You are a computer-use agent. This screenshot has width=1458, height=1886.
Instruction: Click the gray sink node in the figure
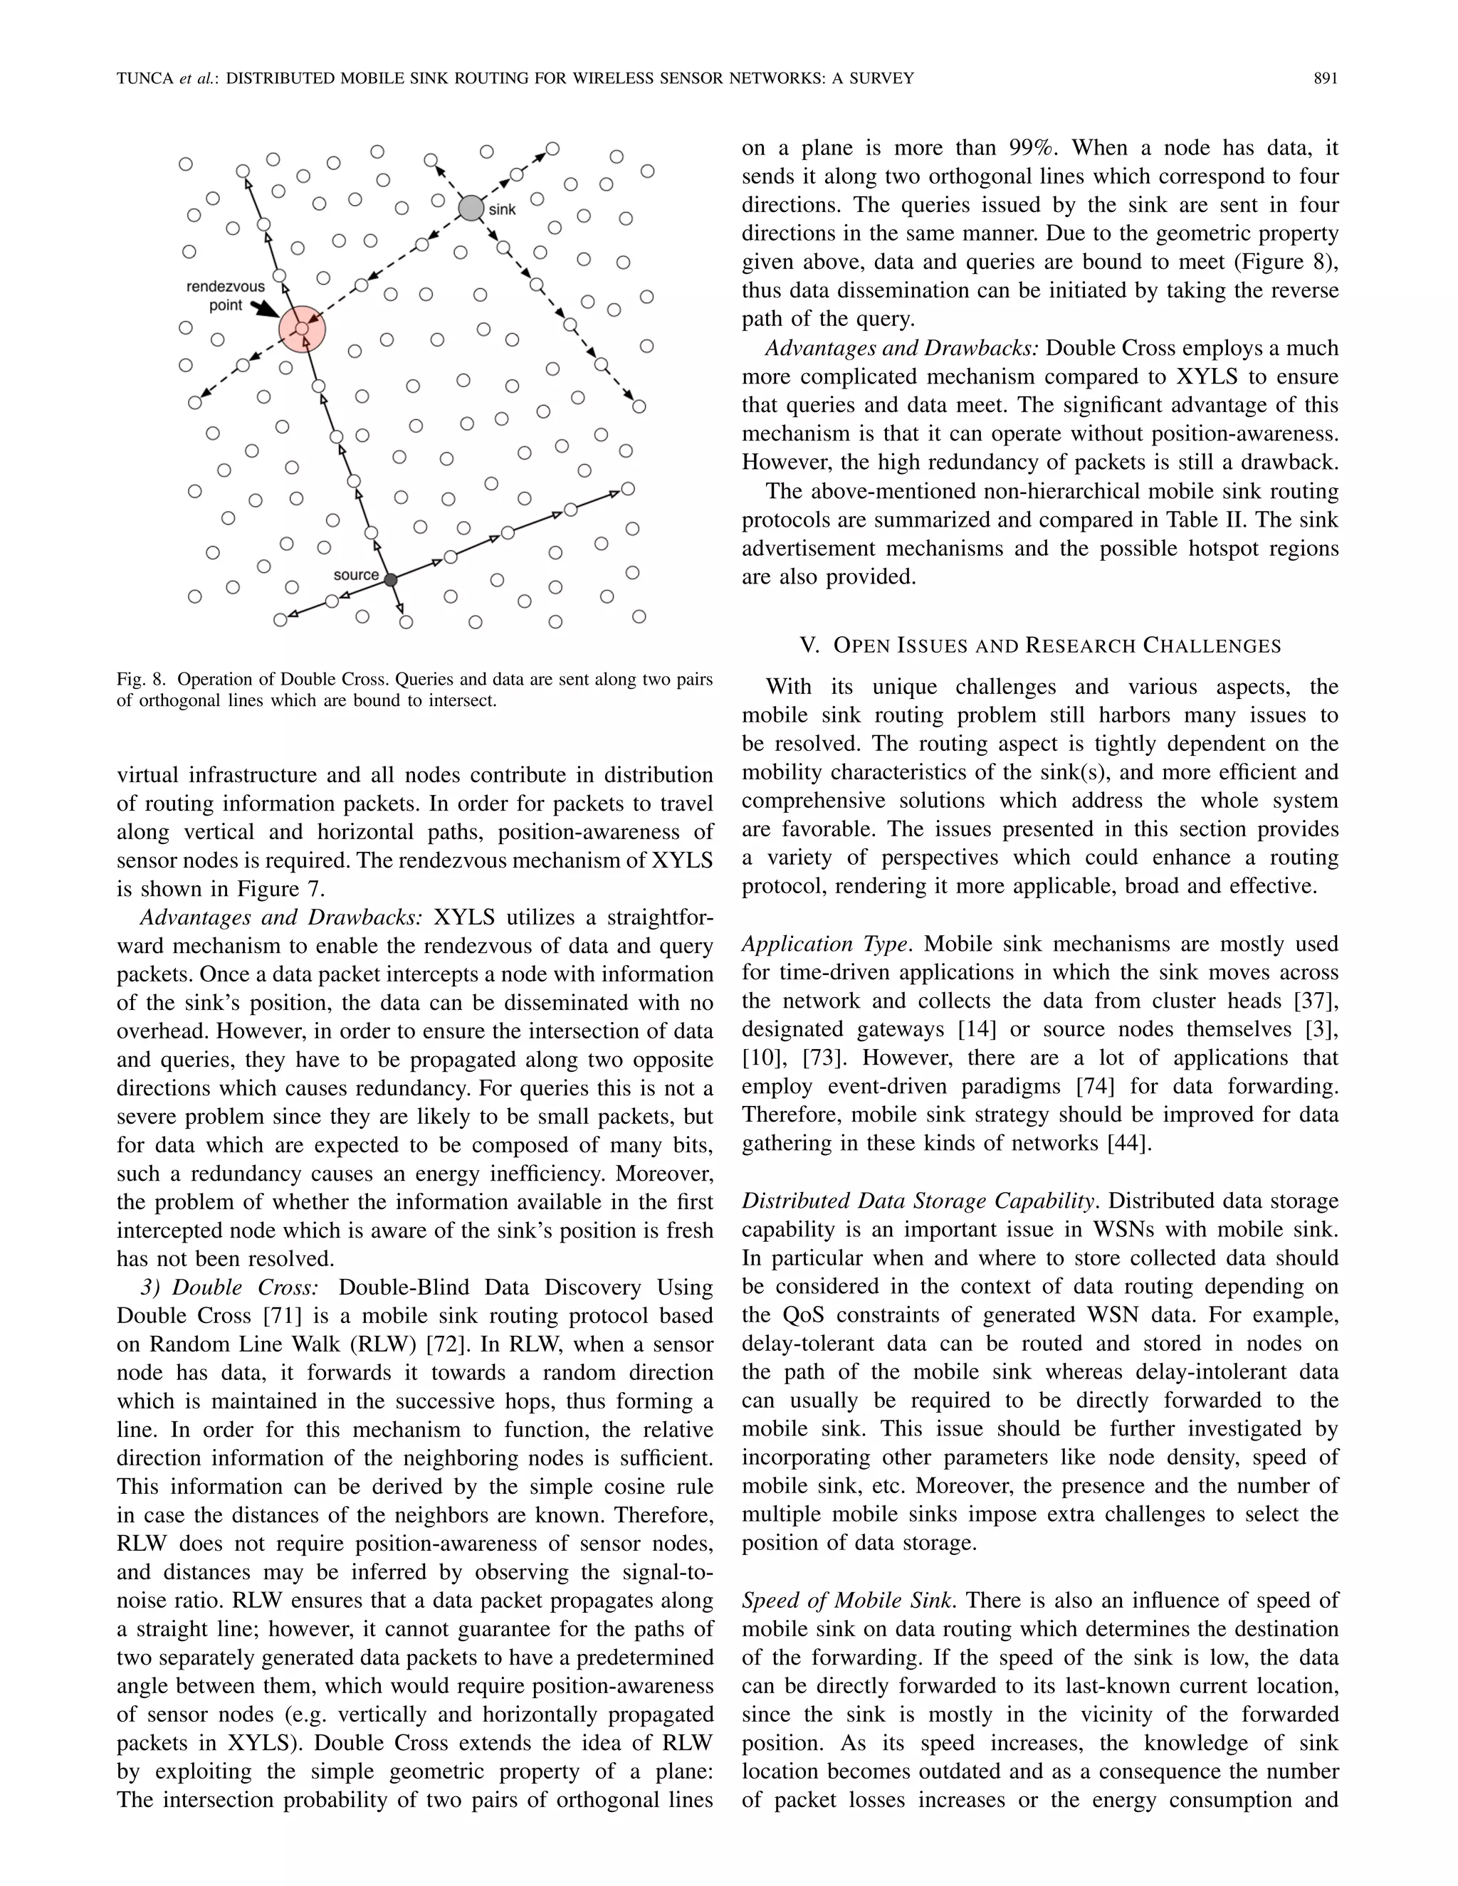(x=471, y=208)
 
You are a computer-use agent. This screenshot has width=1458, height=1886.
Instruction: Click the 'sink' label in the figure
(x=503, y=210)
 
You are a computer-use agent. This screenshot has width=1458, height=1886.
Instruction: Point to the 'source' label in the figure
(x=356, y=575)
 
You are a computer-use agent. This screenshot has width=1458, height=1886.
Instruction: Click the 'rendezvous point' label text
(x=226, y=296)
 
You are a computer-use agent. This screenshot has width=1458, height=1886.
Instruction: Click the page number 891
(x=1326, y=78)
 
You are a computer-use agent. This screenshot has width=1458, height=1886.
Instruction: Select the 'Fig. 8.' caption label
(x=141, y=680)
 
